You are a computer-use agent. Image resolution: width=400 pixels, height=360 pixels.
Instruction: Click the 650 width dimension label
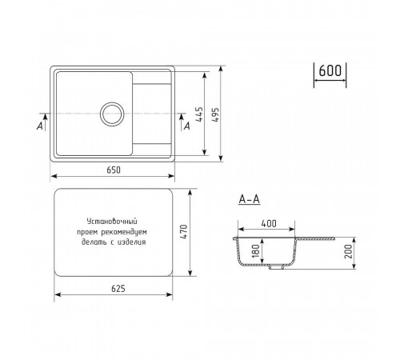click(x=114, y=170)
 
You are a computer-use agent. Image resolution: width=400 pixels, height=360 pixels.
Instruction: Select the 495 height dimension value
click(x=215, y=115)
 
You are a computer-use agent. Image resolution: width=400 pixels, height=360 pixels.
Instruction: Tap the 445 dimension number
click(x=199, y=114)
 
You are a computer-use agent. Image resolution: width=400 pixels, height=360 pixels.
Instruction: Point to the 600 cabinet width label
click(x=330, y=70)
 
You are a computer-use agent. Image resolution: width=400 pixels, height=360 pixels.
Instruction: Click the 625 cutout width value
click(x=118, y=289)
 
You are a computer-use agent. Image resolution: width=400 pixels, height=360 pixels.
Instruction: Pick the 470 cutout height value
click(x=184, y=232)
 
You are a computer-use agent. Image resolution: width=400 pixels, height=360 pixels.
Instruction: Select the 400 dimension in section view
click(x=269, y=223)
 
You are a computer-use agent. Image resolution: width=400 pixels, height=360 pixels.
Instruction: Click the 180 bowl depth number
click(x=255, y=251)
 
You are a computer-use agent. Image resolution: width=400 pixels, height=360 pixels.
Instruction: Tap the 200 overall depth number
click(x=348, y=251)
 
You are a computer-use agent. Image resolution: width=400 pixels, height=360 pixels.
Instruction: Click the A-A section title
click(x=249, y=199)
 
